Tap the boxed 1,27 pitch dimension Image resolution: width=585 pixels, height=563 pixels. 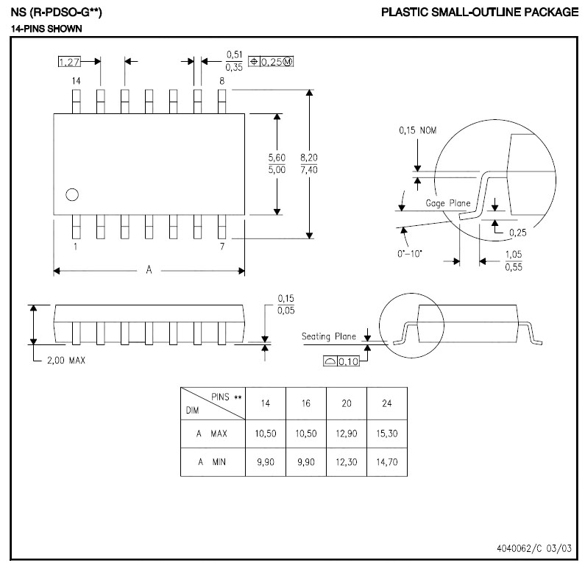coord(69,62)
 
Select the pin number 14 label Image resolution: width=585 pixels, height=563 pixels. coord(76,81)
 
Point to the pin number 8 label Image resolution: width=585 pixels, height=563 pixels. coord(222,81)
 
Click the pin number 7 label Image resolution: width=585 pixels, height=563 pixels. coord(222,247)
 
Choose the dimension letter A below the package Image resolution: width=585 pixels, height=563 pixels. coord(149,269)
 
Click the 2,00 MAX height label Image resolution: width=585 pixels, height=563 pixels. coord(66,361)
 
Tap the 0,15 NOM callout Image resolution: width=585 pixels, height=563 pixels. coord(417,130)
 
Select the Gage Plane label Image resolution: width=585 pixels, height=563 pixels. coord(447,203)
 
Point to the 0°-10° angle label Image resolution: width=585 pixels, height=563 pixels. coord(409,254)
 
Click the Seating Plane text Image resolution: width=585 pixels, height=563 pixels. coord(329,336)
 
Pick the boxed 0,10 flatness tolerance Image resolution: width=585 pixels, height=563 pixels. coord(341,361)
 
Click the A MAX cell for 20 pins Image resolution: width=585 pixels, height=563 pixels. coord(347,433)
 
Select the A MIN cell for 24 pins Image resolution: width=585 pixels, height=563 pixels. coord(387,462)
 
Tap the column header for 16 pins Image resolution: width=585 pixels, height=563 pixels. coord(306,403)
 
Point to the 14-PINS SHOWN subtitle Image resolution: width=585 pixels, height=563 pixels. coord(46,29)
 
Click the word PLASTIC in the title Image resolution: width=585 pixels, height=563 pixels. coord(404,12)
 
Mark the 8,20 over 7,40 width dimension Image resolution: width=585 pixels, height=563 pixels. coord(309,163)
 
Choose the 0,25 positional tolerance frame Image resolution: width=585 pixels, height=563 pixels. coord(271,62)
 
